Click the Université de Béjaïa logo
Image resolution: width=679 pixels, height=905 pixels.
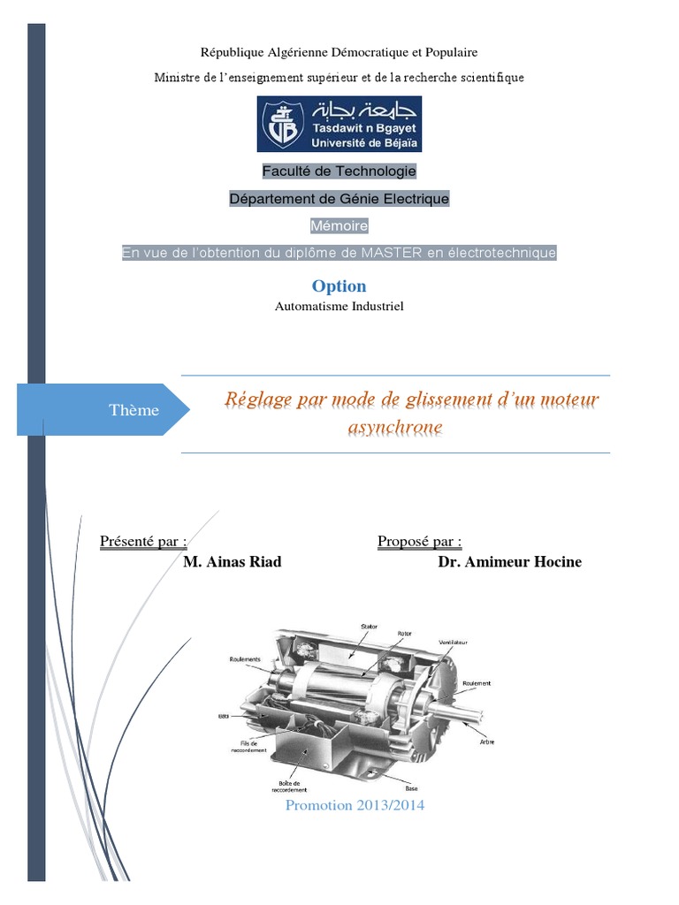point(339,124)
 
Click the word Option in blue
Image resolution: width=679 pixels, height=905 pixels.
point(339,285)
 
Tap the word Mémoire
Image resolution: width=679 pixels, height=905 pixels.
point(339,226)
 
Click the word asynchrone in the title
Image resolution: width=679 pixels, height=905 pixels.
point(395,429)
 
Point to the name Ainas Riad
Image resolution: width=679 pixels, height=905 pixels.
point(232,562)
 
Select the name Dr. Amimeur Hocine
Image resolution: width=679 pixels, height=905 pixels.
point(509,562)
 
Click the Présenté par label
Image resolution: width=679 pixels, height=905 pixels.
point(143,541)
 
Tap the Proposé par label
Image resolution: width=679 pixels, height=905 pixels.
point(419,541)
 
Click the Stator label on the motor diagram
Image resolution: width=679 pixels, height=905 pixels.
point(369,627)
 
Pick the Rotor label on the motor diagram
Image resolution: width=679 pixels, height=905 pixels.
point(404,633)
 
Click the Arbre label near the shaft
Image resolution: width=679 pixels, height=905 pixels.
point(487,742)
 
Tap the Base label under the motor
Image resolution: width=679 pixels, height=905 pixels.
point(411,788)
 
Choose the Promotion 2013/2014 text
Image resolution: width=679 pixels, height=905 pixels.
point(355,805)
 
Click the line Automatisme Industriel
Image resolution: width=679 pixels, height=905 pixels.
point(339,307)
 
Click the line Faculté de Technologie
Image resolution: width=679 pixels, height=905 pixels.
point(339,171)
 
